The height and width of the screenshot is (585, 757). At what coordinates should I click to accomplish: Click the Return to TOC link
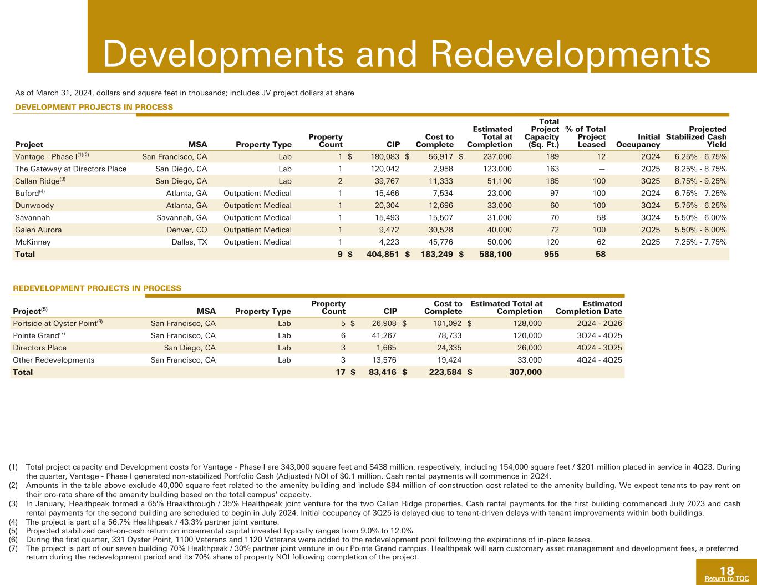726,579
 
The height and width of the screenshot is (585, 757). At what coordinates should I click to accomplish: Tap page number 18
726,571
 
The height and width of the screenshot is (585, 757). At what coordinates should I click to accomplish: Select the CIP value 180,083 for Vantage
384,157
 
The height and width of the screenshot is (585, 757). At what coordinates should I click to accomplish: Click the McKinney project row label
33,242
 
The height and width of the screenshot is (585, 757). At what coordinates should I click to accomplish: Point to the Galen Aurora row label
38,230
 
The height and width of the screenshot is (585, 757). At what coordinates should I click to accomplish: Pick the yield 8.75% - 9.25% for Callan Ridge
700,181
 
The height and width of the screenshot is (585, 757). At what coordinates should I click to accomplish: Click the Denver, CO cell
186,230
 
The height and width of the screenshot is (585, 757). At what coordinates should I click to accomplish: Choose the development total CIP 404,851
383,254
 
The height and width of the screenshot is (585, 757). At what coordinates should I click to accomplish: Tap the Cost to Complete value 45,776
440,242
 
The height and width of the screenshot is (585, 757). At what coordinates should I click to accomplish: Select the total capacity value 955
551,254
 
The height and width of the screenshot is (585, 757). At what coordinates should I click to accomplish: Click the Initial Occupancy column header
638,141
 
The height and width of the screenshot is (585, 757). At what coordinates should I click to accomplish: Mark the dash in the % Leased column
602,169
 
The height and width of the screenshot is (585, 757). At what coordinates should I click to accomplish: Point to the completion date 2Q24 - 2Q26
599,323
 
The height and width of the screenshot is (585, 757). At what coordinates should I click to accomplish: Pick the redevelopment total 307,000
525,372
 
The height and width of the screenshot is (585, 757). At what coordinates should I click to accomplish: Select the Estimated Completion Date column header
589,308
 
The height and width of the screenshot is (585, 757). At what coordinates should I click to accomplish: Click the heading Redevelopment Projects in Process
97,288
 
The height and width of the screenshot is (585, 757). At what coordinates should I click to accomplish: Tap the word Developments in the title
223,54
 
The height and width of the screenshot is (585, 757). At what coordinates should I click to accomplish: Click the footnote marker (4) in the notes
13,522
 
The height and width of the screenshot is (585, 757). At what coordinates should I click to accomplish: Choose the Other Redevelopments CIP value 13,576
384,360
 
